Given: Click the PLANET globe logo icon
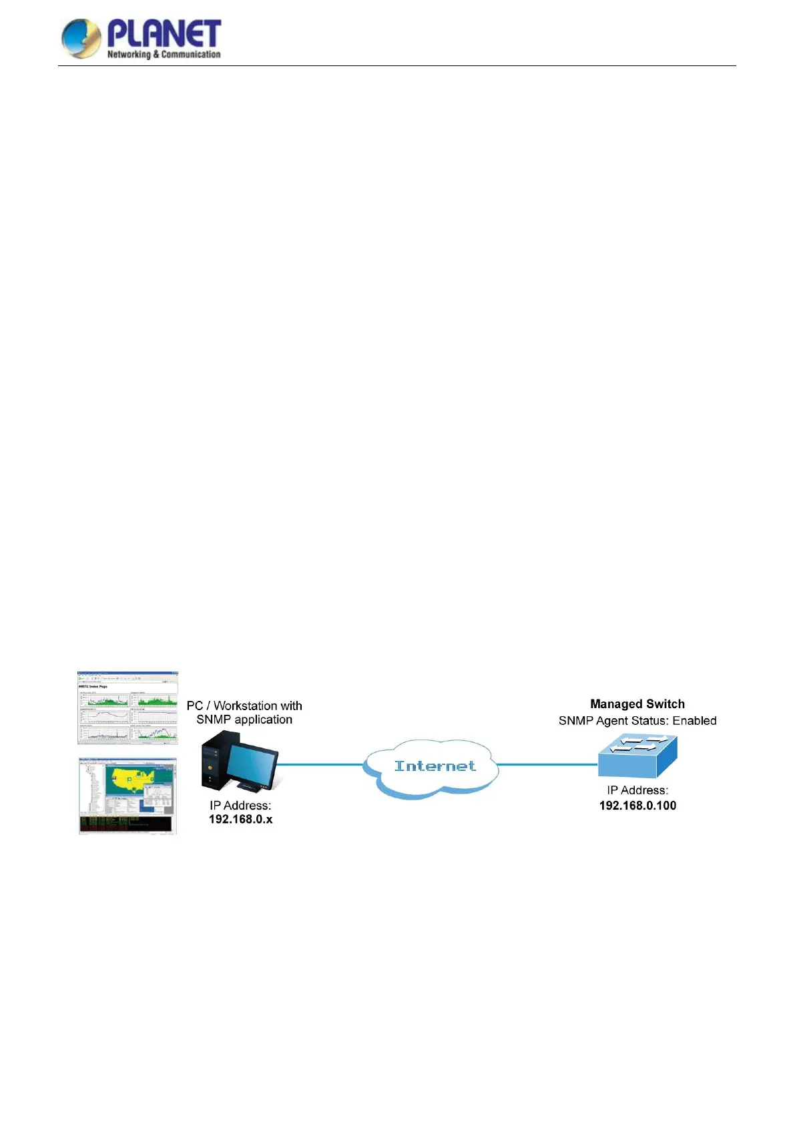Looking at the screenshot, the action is (x=81, y=38).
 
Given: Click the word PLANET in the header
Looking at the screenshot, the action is (x=164, y=33).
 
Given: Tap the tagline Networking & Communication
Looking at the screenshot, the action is (x=164, y=55).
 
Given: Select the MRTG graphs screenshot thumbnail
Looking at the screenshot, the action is (x=127, y=708).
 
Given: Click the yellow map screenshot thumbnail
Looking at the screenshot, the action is (x=127, y=796).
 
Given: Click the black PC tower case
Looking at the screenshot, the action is (x=215, y=761).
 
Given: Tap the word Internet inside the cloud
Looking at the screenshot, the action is (x=435, y=766).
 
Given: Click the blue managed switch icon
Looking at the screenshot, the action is (x=637, y=757).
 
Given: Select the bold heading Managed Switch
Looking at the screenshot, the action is (x=637, y=704).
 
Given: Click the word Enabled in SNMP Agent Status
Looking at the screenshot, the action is (x=694, y=721).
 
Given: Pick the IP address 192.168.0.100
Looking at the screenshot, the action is (x=637, y=806).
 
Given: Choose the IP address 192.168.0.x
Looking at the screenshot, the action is (x=240, y=820).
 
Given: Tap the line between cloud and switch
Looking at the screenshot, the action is (x=547, y=764).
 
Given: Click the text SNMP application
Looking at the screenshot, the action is (x=244, y=720).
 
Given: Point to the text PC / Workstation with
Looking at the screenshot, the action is (x=244, y=706).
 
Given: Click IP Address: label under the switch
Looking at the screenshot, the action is (x=637, y=790).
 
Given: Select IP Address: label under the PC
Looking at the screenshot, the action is (x=240, y=806).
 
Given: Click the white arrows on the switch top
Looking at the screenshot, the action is (x=639, y=744).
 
